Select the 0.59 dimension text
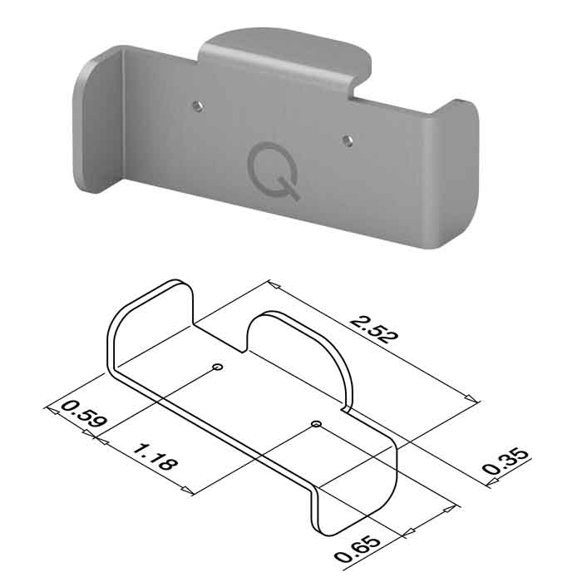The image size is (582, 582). pyautogui.click(x=84, y=414)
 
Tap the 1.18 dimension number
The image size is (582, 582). pyautogui.click(x=155, y=457)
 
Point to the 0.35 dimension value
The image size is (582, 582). pyautogui.click(x=506, y=461)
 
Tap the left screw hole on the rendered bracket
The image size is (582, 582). pyautogui.click(x=198, y=106)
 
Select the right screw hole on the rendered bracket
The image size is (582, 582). pyautogui.click(x=348, y=141)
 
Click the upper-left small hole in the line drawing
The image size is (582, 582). pyautogui.click(x=218, y=367)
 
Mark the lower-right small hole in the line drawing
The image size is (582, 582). pyautogui.click(x=316, y=423)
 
